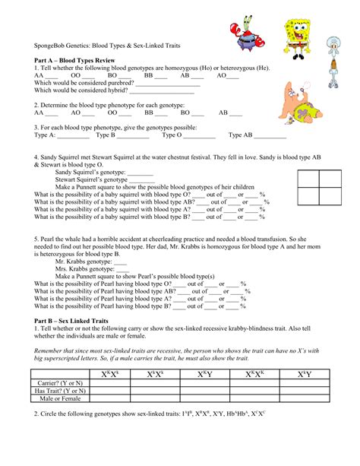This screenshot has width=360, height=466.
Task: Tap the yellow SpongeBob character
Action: pos(295,34)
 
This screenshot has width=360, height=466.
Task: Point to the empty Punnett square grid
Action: pos(319,188)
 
